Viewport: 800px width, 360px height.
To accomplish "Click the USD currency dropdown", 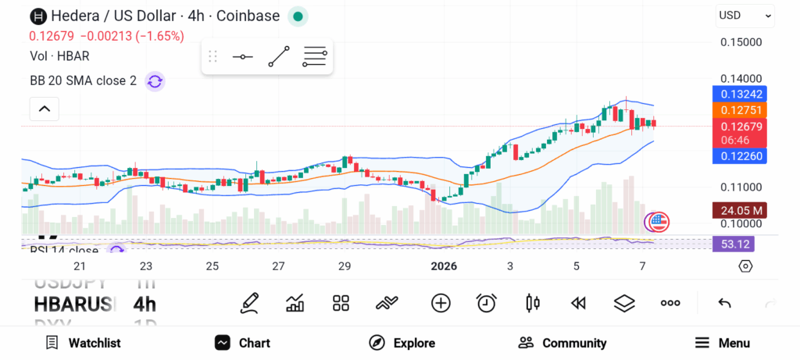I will (x=745, y=15).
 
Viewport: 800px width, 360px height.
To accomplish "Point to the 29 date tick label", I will (x=345, y=266).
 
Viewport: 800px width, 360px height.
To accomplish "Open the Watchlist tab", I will (x=83, y=343).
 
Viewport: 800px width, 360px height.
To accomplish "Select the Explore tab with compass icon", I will (x=402, y=343).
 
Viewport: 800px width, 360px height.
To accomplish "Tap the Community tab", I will (x=562, y=343).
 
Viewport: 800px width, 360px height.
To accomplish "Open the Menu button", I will (x=722, y=343).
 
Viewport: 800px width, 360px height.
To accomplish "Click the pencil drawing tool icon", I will (x=249, y=303).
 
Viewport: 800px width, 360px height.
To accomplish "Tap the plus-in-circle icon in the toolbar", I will (x=441, y=303).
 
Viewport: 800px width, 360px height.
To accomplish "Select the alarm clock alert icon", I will (x=487, y=303).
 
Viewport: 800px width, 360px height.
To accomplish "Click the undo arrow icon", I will (x=724, y=303).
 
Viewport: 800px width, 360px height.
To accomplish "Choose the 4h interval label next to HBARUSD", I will (x=145, y=303).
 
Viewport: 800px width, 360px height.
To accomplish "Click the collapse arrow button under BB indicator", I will (x=45, y=109).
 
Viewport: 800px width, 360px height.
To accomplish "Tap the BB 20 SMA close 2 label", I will (x=83, y=80).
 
